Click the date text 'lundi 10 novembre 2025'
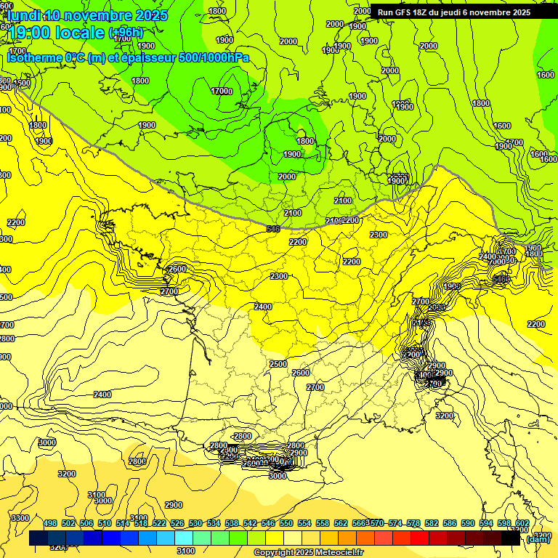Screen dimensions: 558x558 point(87,15)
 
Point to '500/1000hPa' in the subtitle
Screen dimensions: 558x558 point(214,57)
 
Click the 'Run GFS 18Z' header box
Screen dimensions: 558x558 point(453,12)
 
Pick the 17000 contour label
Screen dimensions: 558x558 point(222,92)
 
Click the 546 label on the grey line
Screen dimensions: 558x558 point(273,229)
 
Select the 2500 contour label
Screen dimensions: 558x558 point(278,364)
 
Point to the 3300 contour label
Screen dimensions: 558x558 point(20,517)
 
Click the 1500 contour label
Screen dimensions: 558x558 point(23,83)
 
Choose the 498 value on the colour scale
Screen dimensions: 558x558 point(50,523)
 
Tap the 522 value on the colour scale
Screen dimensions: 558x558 point(159,523)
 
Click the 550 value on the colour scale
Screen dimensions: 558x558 point(286,523)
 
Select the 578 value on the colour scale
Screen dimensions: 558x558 point(413,523)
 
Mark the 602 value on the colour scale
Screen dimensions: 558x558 point(522,523)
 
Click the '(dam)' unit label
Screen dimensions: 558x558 point(538,538)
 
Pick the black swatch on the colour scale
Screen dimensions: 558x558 point(511,538)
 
